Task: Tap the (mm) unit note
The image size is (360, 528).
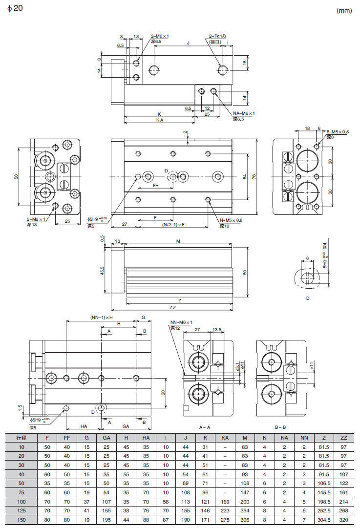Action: pyautogui.click(x=344, y=11)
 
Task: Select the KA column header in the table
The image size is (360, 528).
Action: pyautogui.click(x=225, y=438)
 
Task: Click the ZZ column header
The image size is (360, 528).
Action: pyautogui.click(x=343, y=438)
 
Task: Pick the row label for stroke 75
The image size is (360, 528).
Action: pyautogui.click(x=21, y=493)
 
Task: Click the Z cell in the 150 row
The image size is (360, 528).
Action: pyautogui.click(x=323, y=521)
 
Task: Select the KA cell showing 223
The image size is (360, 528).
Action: pyautogui.click(x=225, y=511)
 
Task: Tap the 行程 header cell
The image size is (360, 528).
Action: pyautogui.click(x=21, y=438)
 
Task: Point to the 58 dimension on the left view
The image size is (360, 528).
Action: pyautogui.click(x=16, y=176)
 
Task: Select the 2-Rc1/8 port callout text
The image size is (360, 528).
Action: pyautogui.click(x=217, y=36)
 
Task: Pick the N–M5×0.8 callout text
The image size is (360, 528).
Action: pyautogui.click(x=231, y=220)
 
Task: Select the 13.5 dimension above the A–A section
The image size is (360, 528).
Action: pyautogui.click(x=217, y=330)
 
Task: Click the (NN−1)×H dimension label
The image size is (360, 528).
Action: pyautogui.click(x=102, y=317)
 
